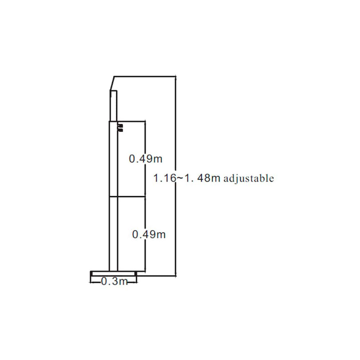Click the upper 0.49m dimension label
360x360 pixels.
(x=145, y=159)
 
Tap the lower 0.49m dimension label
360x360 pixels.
(x=149, y=234)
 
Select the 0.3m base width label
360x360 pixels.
(x=114, y=281)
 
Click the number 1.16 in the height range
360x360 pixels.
(x=165, y=178)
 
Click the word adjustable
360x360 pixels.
(x=249, y=179)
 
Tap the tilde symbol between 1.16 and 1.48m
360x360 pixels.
(x=180, y=178)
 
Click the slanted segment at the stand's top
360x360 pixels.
(x=112, y=83)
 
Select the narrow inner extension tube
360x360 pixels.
(x=113, y=105)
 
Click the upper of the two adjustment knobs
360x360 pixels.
(x=121, y=126)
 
